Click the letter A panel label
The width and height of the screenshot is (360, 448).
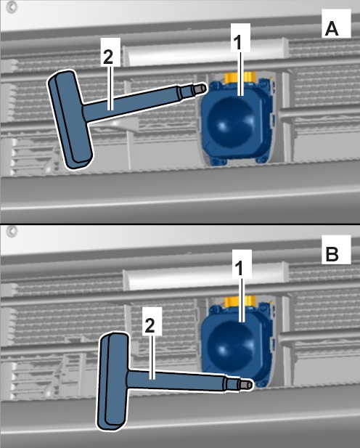pos(332,29)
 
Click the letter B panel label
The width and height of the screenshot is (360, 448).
pos(332,253)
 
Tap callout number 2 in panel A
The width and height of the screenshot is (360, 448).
pos(108,57)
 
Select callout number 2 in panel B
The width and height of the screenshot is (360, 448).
pos(150,326)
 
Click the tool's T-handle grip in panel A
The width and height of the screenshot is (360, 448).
pos(70,119)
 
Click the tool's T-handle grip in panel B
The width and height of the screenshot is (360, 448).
pos(112,381)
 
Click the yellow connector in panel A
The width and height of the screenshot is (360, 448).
pos(239,77)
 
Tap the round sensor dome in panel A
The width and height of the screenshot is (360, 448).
pos(232,122)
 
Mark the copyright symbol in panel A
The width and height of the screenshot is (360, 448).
pos(12,8)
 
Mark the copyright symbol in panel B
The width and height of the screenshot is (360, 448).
pos(12,231)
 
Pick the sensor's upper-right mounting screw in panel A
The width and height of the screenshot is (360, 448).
pos(263,83)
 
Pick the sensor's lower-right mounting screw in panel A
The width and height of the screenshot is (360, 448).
pos(262,160)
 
